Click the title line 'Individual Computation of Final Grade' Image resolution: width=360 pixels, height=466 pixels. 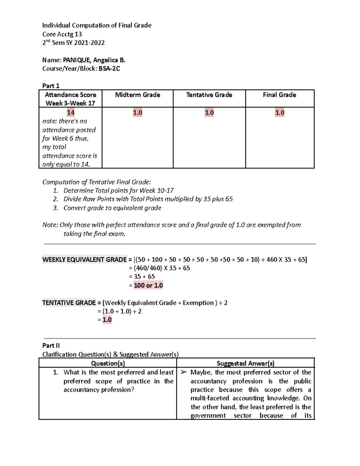click(97, 26)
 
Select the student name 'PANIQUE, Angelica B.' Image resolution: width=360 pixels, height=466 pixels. click(94, 60)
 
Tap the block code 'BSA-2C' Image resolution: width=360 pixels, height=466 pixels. click(109, 69)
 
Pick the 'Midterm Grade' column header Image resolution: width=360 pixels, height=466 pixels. click(137, 95)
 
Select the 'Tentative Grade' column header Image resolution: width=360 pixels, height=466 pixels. click(209, 95)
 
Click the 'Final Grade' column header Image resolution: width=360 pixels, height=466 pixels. click(279, 95)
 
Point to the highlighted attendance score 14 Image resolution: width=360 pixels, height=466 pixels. click(70, 113)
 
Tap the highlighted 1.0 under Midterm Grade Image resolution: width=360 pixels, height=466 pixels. click(137, 113)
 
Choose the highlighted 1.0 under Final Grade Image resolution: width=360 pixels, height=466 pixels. click(280, 113)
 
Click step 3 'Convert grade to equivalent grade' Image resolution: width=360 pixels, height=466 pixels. click(112, 208)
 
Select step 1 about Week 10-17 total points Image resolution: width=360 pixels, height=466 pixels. click(118, 191)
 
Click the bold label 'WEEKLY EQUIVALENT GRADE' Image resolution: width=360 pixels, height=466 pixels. click(85, 260)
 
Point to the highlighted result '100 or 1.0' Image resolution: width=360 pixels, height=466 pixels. click(148, 285)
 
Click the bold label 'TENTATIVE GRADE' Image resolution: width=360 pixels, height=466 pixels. click(69, 303)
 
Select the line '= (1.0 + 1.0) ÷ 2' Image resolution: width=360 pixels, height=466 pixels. click(119, 311)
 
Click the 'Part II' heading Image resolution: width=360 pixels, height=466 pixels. click(51, 346)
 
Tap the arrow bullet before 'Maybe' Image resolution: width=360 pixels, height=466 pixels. click(183, 372)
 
